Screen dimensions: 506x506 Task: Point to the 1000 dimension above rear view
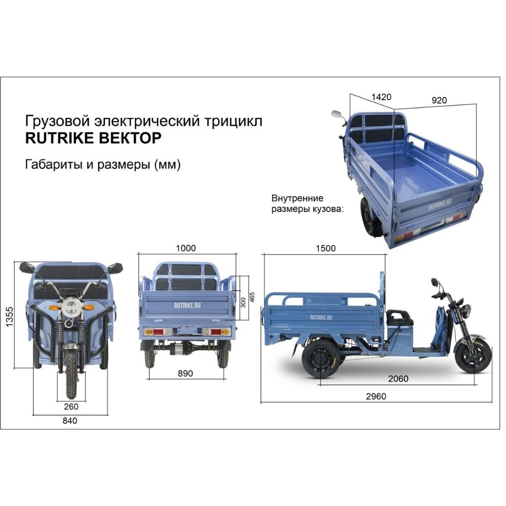tap(186, 248)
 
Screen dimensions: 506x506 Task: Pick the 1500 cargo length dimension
tap(325, 248)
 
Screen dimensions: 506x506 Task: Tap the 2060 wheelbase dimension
tap(399, 378)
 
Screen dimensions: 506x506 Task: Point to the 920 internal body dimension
tap(439, 100)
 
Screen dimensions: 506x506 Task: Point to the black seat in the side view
tap(399, 317)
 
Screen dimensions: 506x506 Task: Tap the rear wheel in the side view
tap(319, 358)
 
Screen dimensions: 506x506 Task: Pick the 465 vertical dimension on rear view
tap(252, 298)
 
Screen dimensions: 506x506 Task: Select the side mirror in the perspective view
tap(336, 114)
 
